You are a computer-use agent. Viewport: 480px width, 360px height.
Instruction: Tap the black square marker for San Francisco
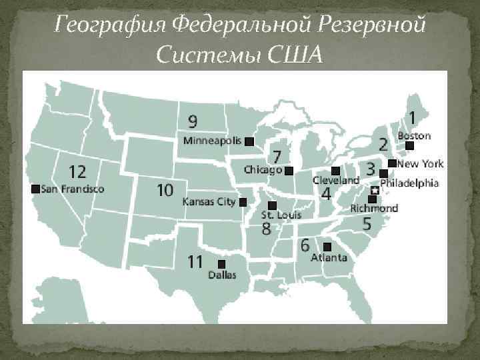(x=35, y=189)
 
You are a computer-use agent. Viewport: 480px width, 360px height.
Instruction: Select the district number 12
(x=73, y=172)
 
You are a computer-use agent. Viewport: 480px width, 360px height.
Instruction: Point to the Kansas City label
(x=209, y=201)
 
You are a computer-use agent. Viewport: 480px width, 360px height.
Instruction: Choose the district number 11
(x=195, y=261)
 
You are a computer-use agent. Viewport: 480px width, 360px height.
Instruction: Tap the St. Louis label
(x=281, y=215)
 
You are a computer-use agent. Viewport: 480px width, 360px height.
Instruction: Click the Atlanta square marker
(x=327, y=247)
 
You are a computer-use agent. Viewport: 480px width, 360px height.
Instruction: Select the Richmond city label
(x=374, y=209)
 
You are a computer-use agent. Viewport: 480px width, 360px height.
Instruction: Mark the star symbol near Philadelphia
(x=375, y=191)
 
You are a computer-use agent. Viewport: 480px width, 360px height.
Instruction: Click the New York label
(x=421, y=163)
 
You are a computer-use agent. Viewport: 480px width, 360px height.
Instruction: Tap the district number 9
(x=192, y=121)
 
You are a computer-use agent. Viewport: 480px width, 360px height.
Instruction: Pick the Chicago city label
(x=262, y=170)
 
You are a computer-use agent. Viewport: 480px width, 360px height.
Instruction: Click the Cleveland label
(x=336, y=181)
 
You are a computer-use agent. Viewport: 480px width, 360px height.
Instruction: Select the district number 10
(x=165, y=191)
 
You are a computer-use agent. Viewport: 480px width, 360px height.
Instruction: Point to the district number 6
(x=305, y=245)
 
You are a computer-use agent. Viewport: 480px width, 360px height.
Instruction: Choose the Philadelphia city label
(x=409, y=182)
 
